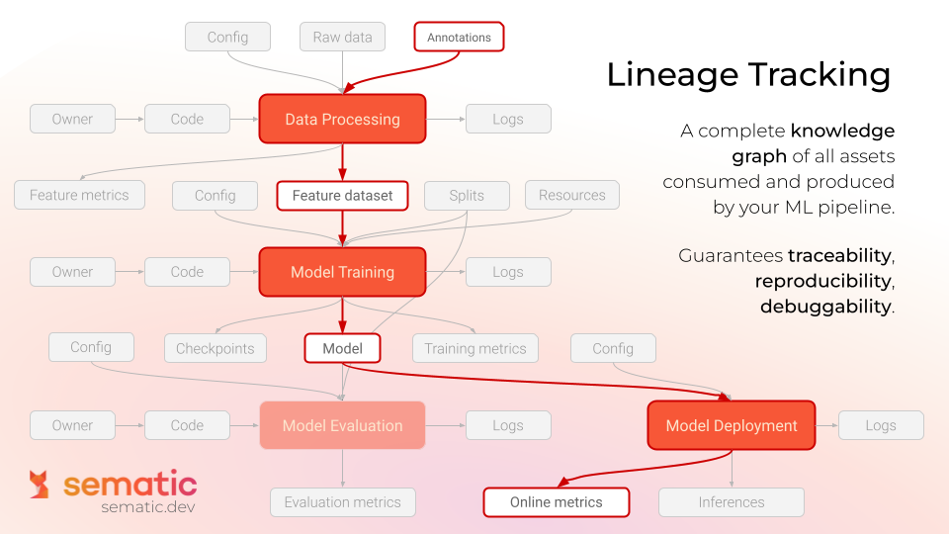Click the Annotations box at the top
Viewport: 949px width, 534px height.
click(459, 38)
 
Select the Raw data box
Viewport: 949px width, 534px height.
click(342, 38)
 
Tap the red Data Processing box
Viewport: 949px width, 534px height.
click(342, 120)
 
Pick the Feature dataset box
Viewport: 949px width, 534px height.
click(342, 196)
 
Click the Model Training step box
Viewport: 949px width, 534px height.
click(342, 272)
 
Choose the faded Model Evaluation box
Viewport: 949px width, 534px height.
click(342, 426)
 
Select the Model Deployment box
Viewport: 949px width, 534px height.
click(732, 426)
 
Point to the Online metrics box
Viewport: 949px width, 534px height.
click(556, 502)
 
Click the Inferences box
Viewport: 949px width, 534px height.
click(732, 502)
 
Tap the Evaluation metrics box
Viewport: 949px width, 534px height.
click(342, 502)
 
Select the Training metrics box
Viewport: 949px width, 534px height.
click(474, 348)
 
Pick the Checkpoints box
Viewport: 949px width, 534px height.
click(215, 348)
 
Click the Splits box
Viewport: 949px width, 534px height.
click(467, 196)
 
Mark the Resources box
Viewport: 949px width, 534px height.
click(571, 196)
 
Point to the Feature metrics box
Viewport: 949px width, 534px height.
click(79, 196)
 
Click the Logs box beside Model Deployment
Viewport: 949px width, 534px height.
click(880, 426)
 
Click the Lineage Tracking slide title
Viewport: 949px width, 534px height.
click(748, 75)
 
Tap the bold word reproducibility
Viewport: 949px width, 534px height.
click(822, 281)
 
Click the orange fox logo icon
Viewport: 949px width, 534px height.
click(40, 485)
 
